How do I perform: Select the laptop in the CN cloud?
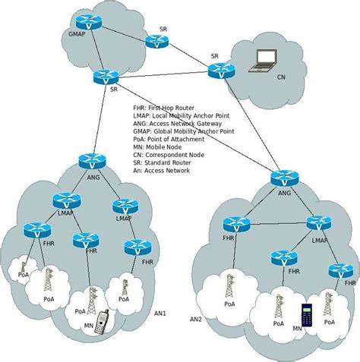click(265, 58)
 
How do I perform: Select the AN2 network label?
click(197, 320)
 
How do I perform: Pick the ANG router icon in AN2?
click(284, 178)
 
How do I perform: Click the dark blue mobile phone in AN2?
click(307, 315)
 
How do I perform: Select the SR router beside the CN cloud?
click(219, 71)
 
